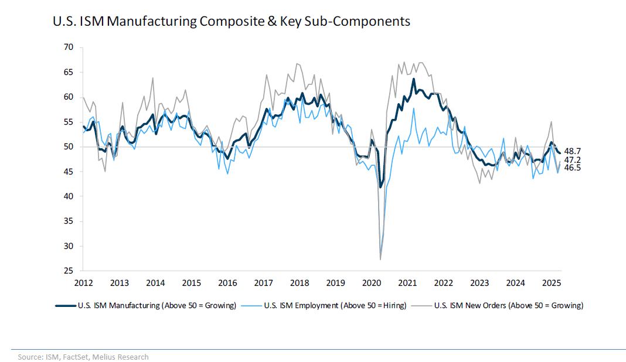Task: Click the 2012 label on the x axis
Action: click(x=83, y=284)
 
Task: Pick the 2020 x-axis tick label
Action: click(x=372, y=284)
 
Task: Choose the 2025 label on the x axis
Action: click(x=552, y=284)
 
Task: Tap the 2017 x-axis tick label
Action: click(x=263, y=284)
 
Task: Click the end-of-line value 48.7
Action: click(x=573, y=152)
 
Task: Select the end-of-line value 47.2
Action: click(x=573, y=160)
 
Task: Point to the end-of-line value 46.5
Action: click(x=573, y=168)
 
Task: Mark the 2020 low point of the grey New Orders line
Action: click(x=380, y=259)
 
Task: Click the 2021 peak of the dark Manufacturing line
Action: click(x=414, y=78)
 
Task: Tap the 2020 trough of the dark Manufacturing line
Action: click(x=380, y=187)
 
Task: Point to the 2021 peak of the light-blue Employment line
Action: click(x=414, y=108)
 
